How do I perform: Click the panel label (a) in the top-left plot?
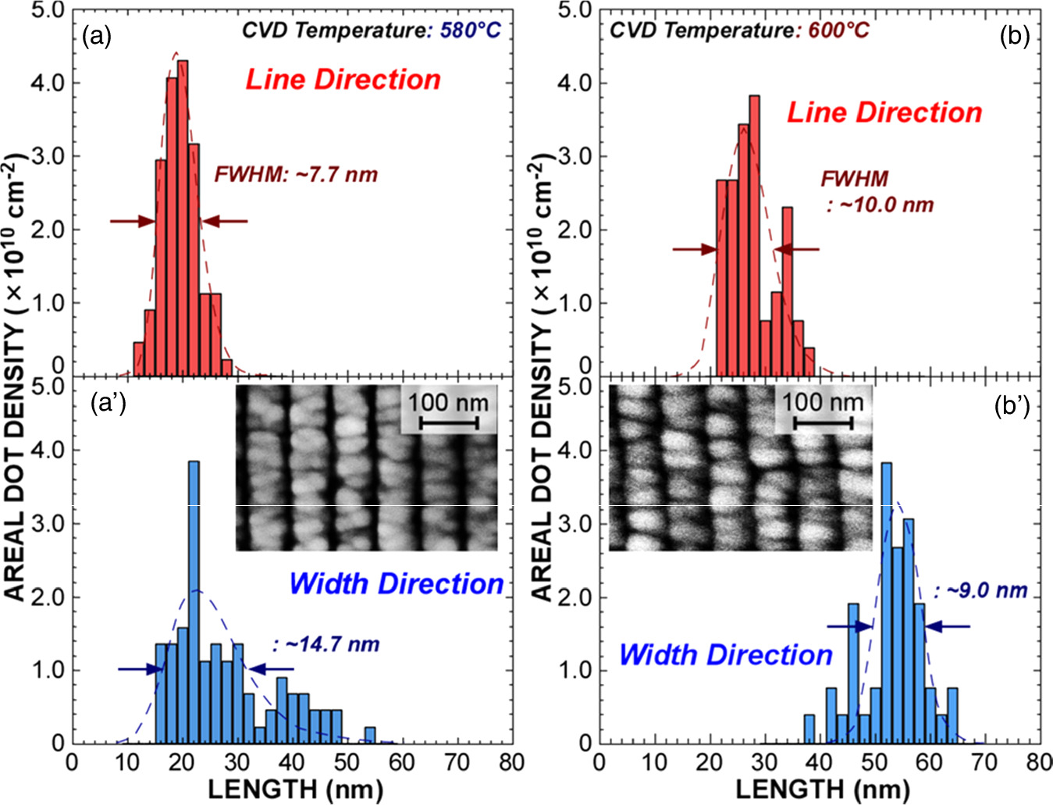coord(97,37)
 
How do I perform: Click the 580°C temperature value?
coord(470,30)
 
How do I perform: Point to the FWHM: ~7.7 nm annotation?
coord(296,174)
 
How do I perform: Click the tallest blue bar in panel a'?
coord(194,601)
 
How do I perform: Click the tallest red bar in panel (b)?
coord(754,234)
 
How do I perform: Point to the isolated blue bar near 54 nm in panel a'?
coord(370,735)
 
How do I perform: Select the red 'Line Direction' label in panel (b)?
coord(884,112)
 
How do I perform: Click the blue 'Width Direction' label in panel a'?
coord(396,584)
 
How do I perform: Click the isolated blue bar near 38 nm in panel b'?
coord(809,728)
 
